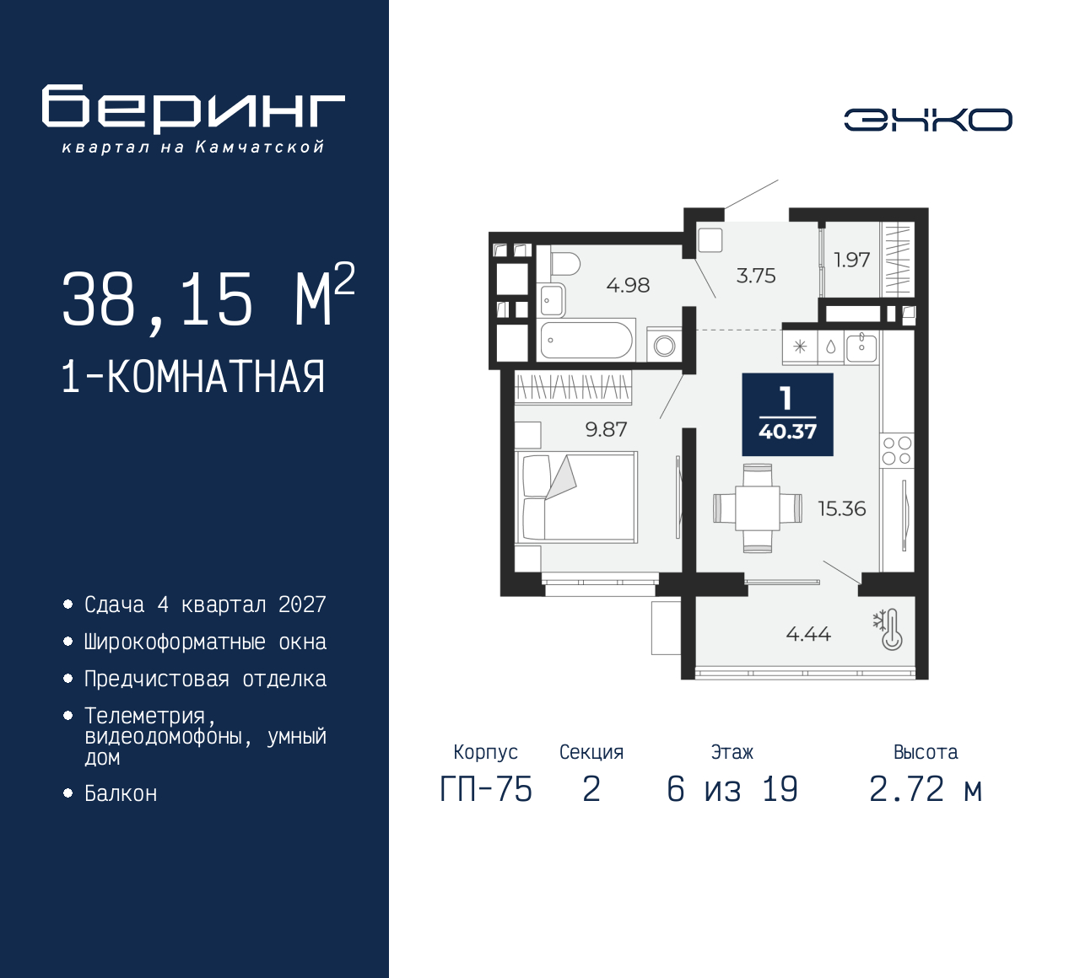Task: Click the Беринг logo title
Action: click(x=193, y=109)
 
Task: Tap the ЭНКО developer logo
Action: click(x=927, y=120)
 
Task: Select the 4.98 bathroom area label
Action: click(x=628, y=285)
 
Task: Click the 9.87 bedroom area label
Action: click(x=606, y=429)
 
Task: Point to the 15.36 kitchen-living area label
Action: click(x=842, y=508)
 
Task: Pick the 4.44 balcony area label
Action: click(x=808, y=634)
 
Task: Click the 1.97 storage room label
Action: click(x=851, y=260)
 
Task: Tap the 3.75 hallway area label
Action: click(x=756, y=276)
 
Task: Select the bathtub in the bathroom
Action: click(x=586, y=340)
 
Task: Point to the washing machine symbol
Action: click(x=664, y=345)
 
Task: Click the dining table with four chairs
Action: click(x=758, y=508)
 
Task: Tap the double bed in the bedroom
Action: click(x=576, y=497)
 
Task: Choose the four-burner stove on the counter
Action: click(x=897, y=451)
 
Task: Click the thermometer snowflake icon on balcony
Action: click(x=888, y=630)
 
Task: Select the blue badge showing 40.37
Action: click(x=788, y=414)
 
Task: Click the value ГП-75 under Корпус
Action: click(x=486, y=790)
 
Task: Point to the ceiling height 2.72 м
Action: click(x=926, y=790)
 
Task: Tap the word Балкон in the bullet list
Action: click(x=121, y=793)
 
